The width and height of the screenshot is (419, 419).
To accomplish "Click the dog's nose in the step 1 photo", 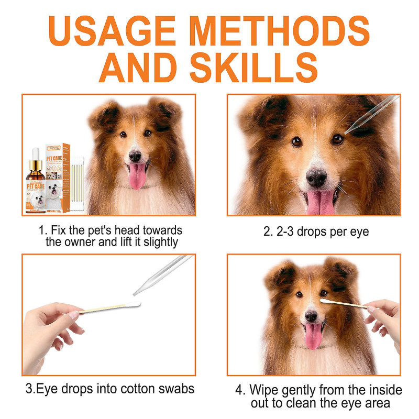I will [x=135, y=156].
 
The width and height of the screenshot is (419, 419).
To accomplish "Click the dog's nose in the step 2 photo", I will [x=317, y=178].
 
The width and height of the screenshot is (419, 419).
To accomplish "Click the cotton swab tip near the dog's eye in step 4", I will [x=326, y=301].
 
